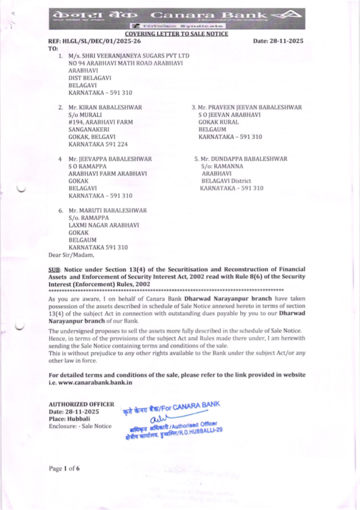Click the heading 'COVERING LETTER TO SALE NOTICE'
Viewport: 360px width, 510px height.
(176, 34)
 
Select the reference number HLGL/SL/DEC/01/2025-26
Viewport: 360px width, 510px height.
(102, 41)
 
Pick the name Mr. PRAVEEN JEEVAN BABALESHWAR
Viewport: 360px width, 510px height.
(249, 107)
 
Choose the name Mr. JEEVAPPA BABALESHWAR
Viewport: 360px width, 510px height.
(110, 159)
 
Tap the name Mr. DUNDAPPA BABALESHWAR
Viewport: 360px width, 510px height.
(244, 159)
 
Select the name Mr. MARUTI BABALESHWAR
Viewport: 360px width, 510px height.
(108, 210)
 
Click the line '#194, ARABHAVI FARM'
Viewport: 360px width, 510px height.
(100, 122)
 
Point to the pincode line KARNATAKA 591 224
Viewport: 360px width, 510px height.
(98, 144)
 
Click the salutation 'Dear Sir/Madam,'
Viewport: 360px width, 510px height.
(71, 255)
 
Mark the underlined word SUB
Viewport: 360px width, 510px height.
(54, 269)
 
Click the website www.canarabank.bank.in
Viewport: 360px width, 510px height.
(95, 382)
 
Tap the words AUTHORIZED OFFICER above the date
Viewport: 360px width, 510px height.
(81, 404)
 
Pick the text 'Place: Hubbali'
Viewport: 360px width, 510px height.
(69, 419)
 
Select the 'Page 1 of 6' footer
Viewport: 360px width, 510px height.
(64, 468)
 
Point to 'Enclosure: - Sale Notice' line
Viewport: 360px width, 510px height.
(80, 426)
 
